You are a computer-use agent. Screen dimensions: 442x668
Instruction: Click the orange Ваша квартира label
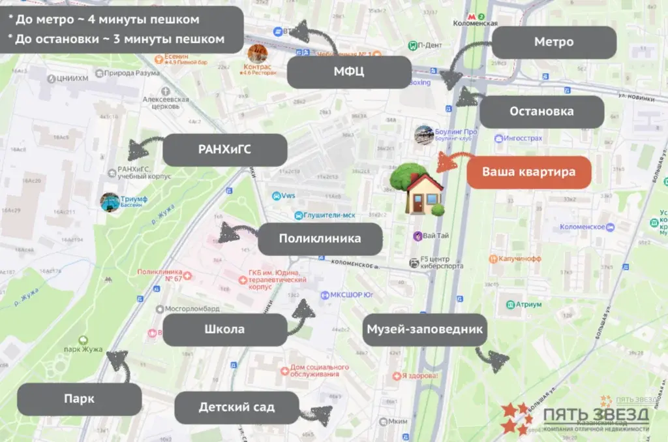pos(529,173)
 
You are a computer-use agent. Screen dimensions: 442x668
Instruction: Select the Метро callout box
pos(554,42)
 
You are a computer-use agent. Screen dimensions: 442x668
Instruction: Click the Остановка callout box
pos(542,112)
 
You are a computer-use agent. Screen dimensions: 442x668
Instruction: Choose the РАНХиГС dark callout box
pos(224,150)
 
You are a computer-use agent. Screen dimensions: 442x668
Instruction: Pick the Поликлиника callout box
pos(320,239)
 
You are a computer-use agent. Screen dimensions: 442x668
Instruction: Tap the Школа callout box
pos(224,330)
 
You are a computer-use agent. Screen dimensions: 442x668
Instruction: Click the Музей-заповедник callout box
pos(424,329)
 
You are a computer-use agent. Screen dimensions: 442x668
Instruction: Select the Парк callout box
pos(80,399)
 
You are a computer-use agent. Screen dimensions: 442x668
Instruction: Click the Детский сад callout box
pos(237,408)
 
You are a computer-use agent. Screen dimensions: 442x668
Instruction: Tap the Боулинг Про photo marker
pos(424,134)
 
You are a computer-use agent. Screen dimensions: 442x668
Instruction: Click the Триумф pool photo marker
pos(110,201)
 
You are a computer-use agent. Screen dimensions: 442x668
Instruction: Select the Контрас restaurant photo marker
pos(257,54)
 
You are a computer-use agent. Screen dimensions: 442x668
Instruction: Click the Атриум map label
pos(528,304)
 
